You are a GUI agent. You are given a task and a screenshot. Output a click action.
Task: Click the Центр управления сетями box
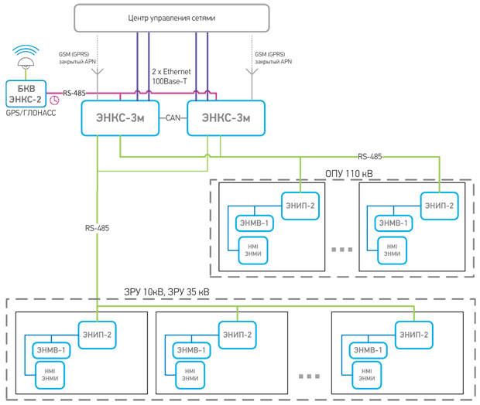(x=172, y=18)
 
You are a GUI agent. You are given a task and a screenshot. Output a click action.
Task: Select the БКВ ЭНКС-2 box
(x=26, y=94)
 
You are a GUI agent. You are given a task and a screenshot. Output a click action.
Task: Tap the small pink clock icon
(x=54, y=100)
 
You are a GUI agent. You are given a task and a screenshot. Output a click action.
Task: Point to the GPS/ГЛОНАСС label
(x=31, y=113)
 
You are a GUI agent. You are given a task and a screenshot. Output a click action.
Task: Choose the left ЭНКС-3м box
(x=120, y=118)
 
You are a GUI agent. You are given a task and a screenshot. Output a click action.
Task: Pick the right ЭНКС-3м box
(x=226, y=118)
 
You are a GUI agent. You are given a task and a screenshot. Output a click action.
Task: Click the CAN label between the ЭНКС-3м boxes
(x=173, y=117)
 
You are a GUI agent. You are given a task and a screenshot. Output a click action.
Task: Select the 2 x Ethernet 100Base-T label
(x=171, y=77)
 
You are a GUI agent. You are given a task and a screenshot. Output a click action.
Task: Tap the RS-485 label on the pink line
(x=74, y=93)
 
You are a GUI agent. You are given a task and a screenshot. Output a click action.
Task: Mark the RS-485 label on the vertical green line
(x=97, y=228)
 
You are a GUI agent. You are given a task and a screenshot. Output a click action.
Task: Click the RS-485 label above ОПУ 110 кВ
(x=370, y=156)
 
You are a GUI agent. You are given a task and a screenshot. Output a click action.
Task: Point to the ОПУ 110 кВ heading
(x=349, y=174)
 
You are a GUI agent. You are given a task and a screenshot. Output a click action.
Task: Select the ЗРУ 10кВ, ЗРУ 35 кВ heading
(x=166, y=292)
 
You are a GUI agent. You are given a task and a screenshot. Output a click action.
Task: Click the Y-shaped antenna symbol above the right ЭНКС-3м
(x=252, y=73)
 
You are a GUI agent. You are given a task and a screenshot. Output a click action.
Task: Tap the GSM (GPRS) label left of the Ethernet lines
(x=77, y=58)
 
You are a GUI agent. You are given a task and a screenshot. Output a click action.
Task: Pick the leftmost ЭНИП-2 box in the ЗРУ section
(x=97, y=335)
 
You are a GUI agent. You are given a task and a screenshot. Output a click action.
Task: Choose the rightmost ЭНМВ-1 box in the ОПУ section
(x=393, y=223)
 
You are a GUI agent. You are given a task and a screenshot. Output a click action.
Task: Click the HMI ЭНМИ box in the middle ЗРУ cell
(x=190, y=375)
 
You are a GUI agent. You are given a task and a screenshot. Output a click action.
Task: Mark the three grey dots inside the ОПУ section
(x=342, y=250)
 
